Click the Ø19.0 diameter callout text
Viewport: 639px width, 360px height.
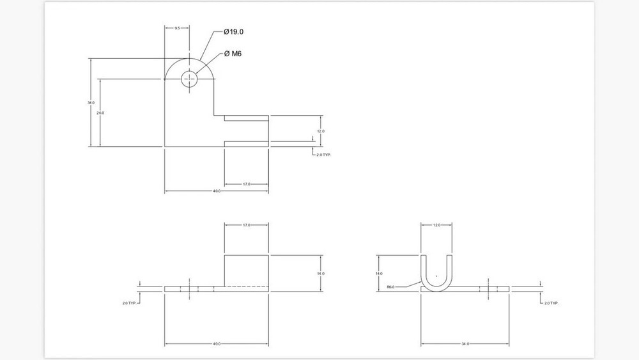(235, 32)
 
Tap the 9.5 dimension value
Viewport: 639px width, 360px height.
(177, 28)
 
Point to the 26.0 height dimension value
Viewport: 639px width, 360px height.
(100, 113)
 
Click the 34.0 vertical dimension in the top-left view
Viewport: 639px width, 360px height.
(91, 102)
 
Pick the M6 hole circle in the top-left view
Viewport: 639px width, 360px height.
(190, 79)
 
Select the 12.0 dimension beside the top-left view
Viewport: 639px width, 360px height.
(321, 130)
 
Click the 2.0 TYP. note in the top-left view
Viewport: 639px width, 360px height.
(324, 155)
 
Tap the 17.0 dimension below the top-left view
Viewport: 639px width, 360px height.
(246, 185)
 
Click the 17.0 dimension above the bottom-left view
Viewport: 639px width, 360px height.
(246, 225)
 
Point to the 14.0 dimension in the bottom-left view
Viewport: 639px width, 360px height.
(321, 273)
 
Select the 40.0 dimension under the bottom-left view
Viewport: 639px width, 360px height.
(217, 344)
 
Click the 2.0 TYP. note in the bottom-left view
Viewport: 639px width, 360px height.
(130, 302)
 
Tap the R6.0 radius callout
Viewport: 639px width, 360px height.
(391, 287)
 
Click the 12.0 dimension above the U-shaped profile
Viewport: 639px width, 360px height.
(436, 225)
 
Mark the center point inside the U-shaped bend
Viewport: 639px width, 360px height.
(436, 275)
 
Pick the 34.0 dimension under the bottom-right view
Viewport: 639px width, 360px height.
(465, 344)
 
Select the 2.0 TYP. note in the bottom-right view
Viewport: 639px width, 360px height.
(550, 302)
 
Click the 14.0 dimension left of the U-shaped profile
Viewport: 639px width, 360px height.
(380, 273)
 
